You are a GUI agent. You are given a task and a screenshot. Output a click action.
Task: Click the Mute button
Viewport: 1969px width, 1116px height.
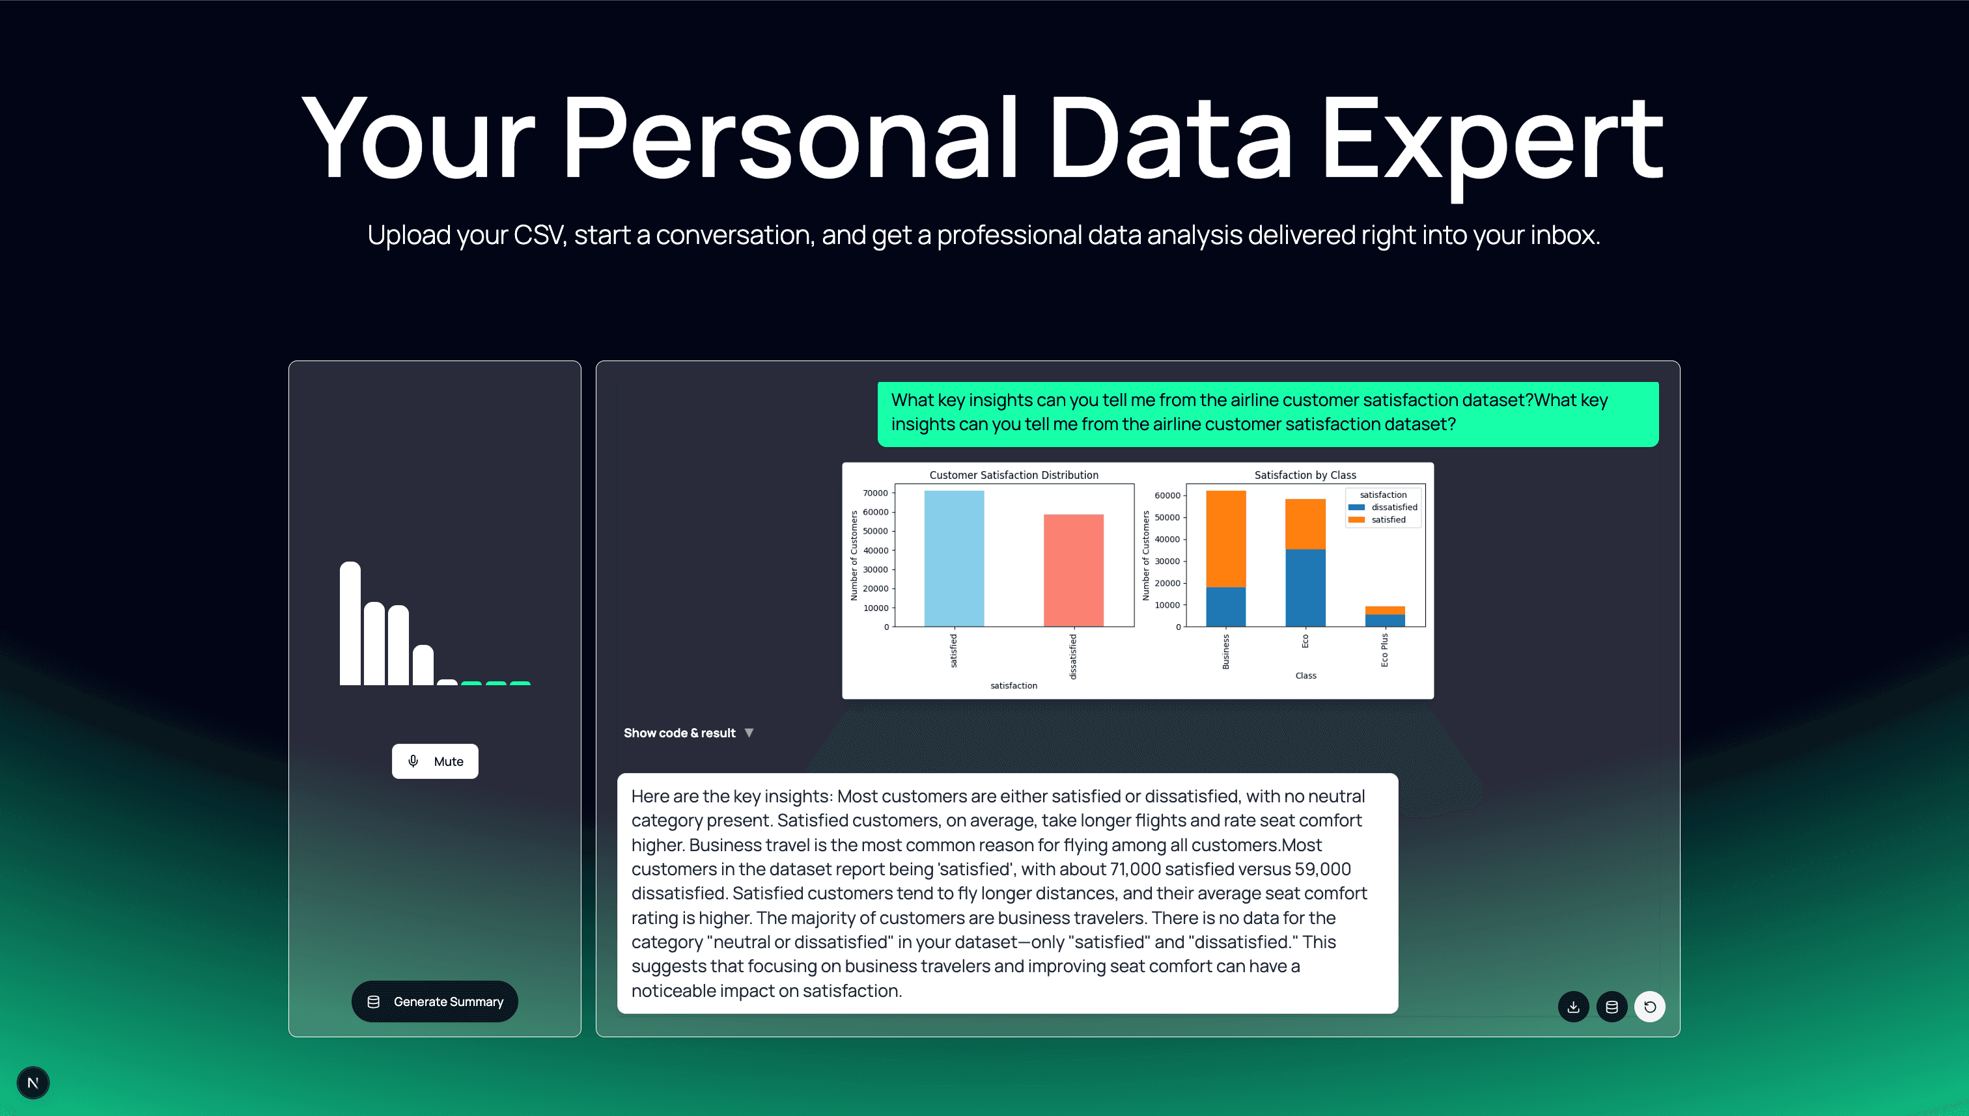[x=435, y=761]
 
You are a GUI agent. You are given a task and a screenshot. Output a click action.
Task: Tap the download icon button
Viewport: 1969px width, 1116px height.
[x=1572, y=1007]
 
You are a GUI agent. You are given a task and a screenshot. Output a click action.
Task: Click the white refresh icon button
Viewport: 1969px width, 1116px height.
[x=1649, y=1007]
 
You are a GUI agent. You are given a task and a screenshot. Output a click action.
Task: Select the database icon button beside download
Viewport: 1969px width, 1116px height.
[x=1611, y=1007]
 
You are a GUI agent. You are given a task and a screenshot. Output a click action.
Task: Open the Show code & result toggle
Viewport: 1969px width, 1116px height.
[x=688, y=733]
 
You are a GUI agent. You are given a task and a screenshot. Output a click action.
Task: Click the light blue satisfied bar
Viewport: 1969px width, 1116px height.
[x=954, y=560]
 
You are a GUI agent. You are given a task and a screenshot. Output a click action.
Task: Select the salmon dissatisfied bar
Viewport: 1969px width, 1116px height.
[x=1072, y=571]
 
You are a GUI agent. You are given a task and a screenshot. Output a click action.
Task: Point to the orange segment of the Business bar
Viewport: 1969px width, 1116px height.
[x=1225, y=538]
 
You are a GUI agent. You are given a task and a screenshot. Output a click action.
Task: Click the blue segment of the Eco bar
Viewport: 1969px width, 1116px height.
[x=1305, y=588]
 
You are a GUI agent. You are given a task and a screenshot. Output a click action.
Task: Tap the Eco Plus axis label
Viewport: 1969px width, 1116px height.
[x=1384, y=650]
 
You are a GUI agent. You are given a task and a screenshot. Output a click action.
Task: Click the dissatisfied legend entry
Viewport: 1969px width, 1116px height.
[x=1393, y=508]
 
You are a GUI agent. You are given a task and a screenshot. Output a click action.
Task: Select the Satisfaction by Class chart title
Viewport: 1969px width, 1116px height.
[x=1305, y=475]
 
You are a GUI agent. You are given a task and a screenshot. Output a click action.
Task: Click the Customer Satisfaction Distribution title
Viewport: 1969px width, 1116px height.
[x=1014, y=475]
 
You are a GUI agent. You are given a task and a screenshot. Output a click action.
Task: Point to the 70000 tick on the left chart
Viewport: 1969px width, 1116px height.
[x=875, y=493]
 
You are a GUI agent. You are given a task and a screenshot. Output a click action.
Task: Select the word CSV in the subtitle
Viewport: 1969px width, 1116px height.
[x=538, y=234]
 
